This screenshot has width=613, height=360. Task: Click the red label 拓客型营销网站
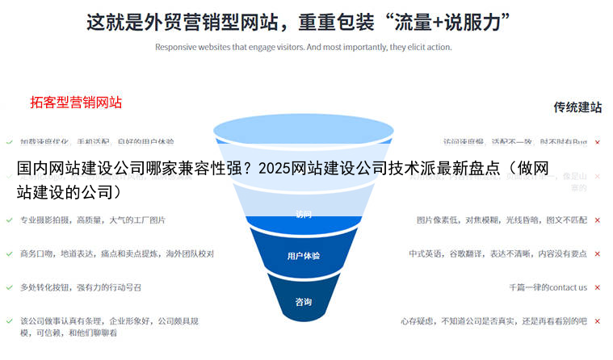point(76,103)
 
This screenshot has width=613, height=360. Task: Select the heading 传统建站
point(577,107)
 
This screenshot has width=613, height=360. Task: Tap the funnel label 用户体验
point(304,256)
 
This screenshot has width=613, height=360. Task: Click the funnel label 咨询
point(304,302)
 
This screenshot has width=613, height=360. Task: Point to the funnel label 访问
point(304,215)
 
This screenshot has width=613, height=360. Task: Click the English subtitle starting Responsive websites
point(303,47)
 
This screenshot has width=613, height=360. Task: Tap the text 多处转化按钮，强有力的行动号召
point(81,287)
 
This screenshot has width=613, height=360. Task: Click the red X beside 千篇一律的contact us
point(598,287)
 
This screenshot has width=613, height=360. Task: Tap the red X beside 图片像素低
point(598,220)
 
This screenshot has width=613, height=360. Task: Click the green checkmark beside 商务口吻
point(9,253)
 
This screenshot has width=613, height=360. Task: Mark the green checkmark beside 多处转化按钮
point(9,287)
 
